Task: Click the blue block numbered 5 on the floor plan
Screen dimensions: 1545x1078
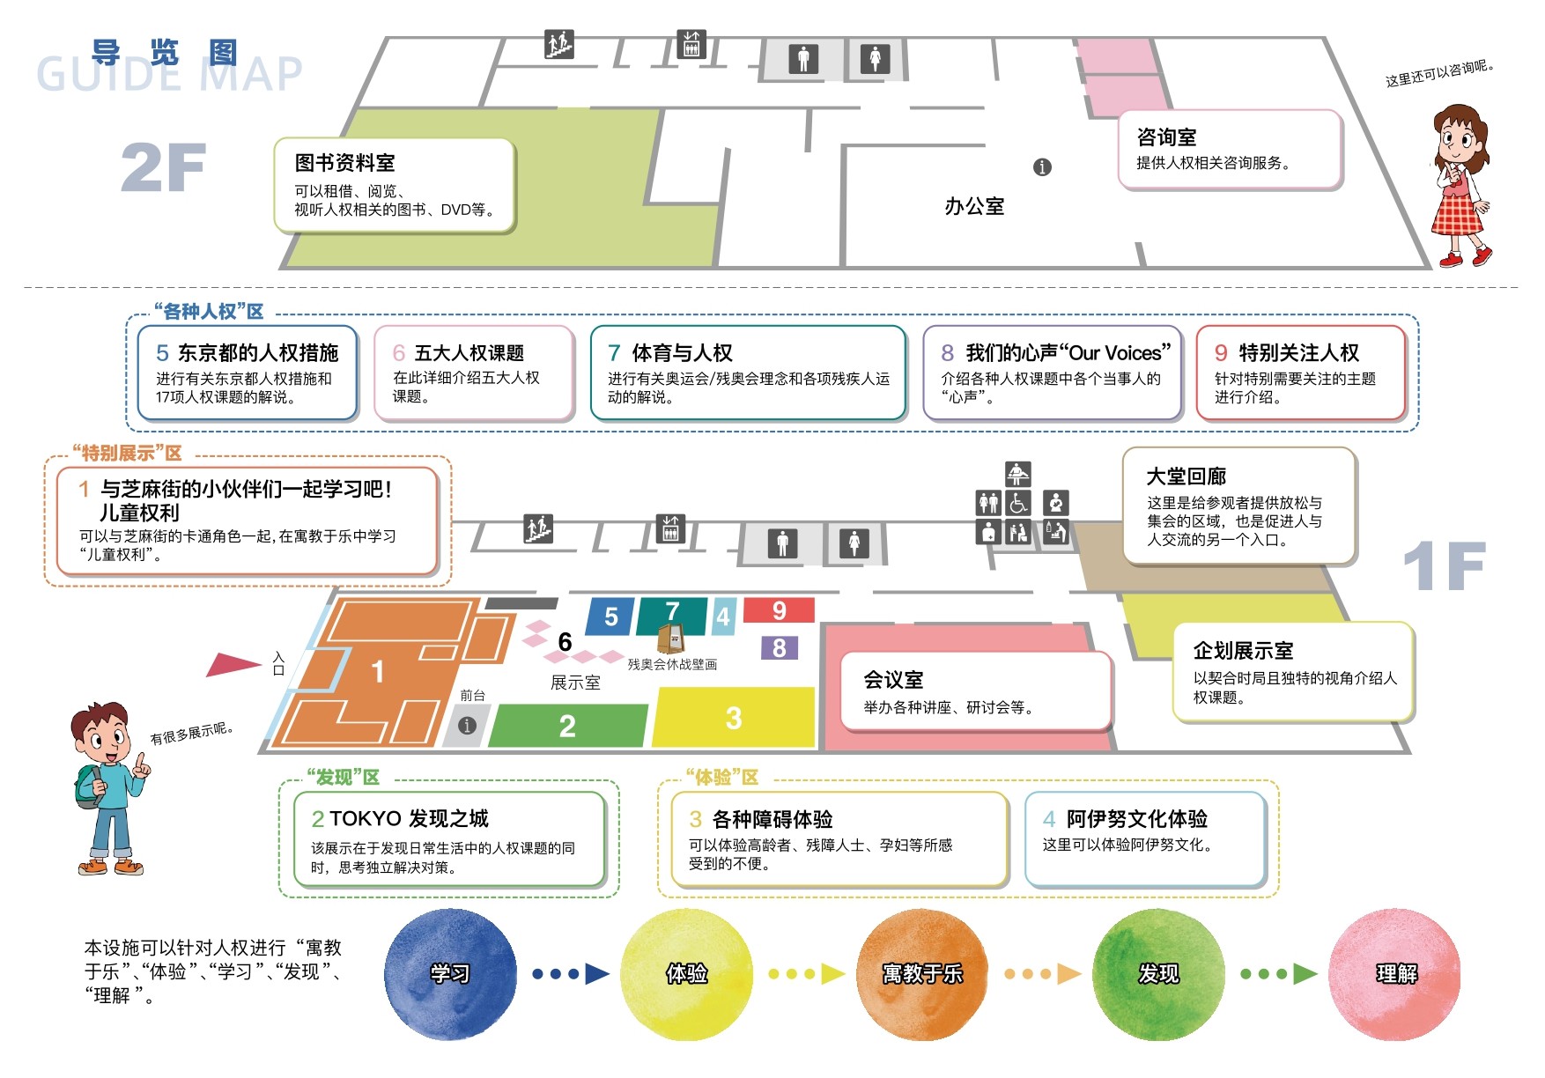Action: (x=611, y=617)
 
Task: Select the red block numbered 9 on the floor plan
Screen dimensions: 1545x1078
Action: (x=780, y=610)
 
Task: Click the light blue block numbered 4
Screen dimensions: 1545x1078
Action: (x=723, y=617)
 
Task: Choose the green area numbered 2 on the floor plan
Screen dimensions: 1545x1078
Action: (x=568, y=726)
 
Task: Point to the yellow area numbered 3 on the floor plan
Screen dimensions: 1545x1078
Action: (x=733, y=718)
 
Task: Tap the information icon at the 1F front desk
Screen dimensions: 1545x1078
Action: (x=467, y=725)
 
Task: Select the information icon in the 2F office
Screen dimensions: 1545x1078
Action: (x=1042, y=167)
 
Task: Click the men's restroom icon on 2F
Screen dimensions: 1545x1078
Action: (x=803, y=59)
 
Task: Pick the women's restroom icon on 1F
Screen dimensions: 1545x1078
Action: (x=854, y=543)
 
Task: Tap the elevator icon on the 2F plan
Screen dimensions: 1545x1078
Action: (x=691, y=44)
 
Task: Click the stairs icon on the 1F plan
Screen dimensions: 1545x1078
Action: (x=538, y=528)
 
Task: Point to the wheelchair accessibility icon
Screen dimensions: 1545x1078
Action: (x=1019, y=503)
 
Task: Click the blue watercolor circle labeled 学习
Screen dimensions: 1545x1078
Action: (x=450, y=974)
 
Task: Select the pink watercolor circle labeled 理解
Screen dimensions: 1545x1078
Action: (x=1395, y=974)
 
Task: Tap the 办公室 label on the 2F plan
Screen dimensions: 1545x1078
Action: (x=974, y=206)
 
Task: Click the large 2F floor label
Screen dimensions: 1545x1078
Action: (x=164, y=167)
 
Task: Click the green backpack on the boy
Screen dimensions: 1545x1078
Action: (x=85, y=786)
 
